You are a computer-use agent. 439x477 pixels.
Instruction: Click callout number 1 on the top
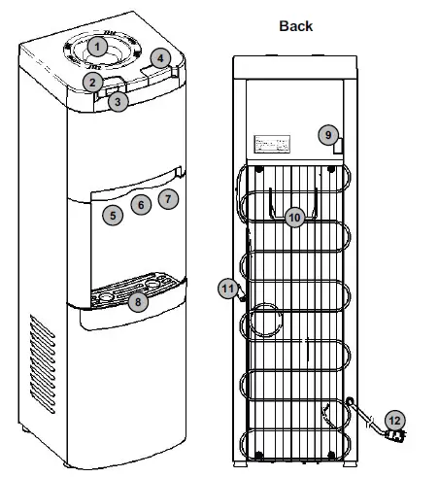(x=97, y=46)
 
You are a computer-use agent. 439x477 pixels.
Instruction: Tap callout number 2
(x=92, y=83)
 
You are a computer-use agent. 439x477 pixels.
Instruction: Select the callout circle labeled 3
(x=117, y=100)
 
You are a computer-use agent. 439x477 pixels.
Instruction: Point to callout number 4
(x=159, y=59)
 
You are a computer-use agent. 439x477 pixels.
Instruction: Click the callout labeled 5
(x=114, y=215)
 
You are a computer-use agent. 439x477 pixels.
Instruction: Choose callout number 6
(x=141, y=205)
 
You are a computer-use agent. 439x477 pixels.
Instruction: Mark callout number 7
(x=167, y=199)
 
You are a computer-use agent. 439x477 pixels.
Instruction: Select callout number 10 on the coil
(x=294, y=218)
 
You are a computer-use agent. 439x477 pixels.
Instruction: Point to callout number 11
(x=227, y=288)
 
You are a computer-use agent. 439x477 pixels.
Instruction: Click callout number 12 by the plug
(x=394, y=421)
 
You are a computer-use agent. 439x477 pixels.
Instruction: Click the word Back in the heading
(x=294, y=25)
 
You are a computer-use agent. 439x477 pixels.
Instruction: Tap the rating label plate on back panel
(x=274, y=145)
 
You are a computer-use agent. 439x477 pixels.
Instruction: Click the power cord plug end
(x=396, y=435)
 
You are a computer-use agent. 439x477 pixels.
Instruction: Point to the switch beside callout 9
(x=336, y=148)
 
